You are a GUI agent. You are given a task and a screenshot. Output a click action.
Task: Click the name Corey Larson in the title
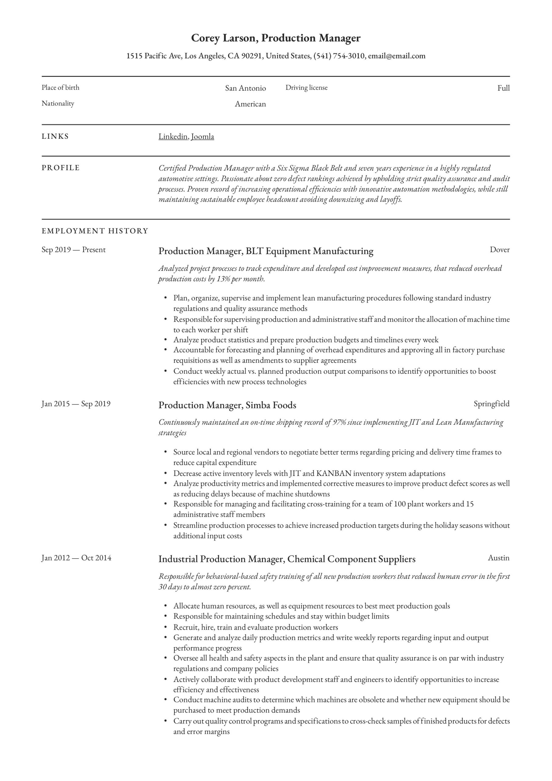(x=224, y=38)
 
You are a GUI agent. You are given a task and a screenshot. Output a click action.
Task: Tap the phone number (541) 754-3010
(x=339, y=56)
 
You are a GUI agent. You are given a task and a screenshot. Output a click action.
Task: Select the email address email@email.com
(x=396, y=56)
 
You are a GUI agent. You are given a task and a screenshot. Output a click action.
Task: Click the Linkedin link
(x=173, y=136)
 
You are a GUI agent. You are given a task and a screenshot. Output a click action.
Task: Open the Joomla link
(x=203, y=136)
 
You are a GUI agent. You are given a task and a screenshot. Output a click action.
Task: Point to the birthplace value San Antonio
(x=245, y=88)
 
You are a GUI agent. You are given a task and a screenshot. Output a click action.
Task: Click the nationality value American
(x=250, y=104)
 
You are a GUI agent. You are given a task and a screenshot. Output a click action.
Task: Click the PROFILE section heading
(x=61, y=168)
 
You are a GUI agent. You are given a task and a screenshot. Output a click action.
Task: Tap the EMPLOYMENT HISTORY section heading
(x=95, y=231)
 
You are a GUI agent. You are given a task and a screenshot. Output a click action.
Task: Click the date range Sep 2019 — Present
(x=73, y=250)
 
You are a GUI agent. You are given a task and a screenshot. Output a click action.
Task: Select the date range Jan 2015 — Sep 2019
(x=76, y=404)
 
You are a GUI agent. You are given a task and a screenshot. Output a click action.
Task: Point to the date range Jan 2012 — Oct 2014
(x=76, y=558)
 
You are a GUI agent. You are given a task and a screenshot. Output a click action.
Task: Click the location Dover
(x=499, y=250)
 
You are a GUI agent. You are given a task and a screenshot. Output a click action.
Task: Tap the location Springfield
(x=491, y=404)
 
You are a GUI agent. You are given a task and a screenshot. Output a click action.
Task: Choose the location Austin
(x=498, y=558)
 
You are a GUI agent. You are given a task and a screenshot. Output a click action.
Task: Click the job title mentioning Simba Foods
(x=227, y=405)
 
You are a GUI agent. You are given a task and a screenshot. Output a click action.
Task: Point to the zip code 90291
(x=251, y=56)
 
